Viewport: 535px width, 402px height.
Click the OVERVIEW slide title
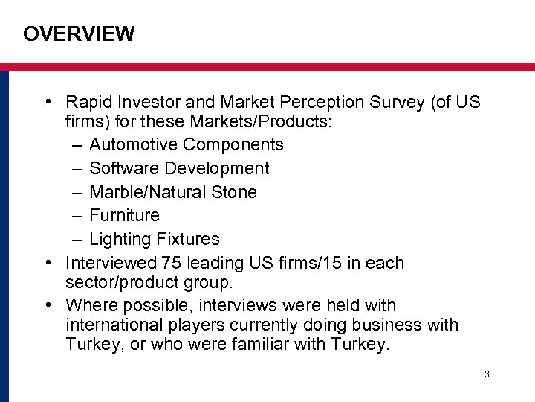pyautogui.click(x=79, y=34)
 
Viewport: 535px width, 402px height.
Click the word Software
pyautogui.click(x=122, y=168)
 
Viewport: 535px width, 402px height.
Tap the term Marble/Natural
pyautogui.click(x=146, y=192)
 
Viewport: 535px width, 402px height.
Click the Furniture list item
pyautogui.click(x=124, y=216)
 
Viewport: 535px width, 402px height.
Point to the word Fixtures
pyautogui.click(x=188, y=240)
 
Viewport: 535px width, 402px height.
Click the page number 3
pyautogui.click(x=487, y=374)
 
